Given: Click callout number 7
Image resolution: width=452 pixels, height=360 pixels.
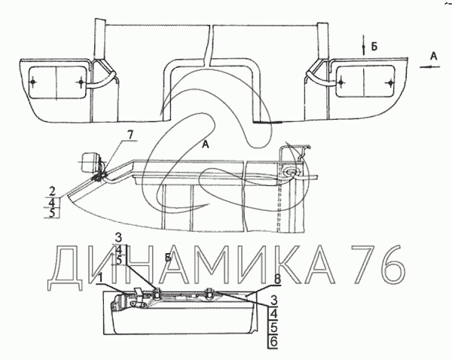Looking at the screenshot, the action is (130, 135).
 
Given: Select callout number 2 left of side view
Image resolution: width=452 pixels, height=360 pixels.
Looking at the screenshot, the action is (52, 191).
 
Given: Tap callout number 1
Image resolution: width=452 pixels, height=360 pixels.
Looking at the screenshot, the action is (100, 278).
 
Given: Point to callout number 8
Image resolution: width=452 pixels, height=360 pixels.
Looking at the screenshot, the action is (277, 280).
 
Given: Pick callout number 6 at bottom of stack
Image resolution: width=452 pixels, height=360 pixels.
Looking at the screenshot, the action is (273, 342).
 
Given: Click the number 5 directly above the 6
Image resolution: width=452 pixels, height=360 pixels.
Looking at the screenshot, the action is (273, 328).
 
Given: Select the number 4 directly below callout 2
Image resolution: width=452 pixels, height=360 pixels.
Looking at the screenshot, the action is (52, 203).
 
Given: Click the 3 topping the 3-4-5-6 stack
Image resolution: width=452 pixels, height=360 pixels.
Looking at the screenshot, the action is (273, 301).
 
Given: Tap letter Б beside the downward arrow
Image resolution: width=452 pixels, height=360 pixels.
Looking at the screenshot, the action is (374, 47).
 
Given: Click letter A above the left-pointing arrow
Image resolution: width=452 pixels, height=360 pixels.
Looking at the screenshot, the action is (434, 56).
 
